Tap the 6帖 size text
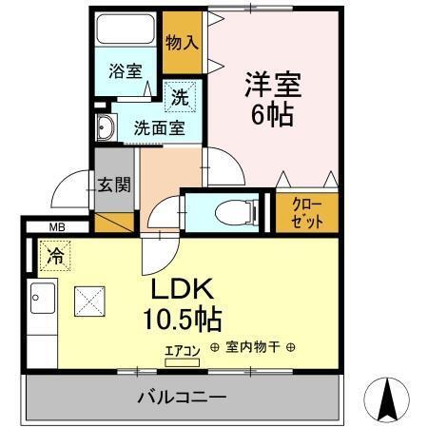coord(272,115)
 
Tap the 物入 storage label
coord(182,42)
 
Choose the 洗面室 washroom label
coord(158,127)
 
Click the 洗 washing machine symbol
coord(180,96)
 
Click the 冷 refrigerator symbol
coord(54,256)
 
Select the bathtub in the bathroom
coord(127,28)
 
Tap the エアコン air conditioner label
coord(182,351)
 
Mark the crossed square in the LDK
coord(90,303)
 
